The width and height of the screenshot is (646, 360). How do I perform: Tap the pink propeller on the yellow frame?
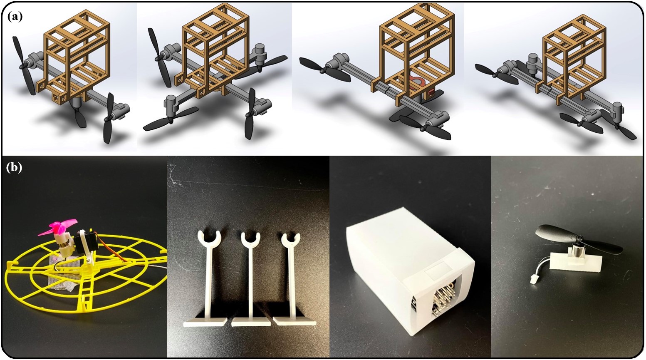point(57,229)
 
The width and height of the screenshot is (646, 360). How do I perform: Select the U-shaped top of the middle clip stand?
point(250,241)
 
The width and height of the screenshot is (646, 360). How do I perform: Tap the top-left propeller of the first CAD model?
point(24,65)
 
